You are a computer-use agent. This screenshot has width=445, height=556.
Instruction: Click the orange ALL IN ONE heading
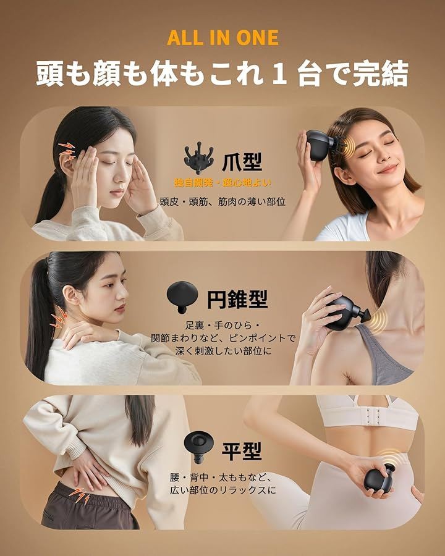pyautogui.click(x=223, y=38)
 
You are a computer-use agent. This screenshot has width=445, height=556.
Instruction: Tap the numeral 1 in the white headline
pyautogui.click(x=279, y=74)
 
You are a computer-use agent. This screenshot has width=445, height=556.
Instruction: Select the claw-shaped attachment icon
pyautogui.click(x=199, y=158)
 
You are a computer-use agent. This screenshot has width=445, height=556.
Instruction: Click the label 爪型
pyautogui.click(x=242, y=162)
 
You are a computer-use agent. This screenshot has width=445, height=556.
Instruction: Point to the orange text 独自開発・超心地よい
pyautogui.click(x=222, y=183)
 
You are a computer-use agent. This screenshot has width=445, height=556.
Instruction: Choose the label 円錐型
pyautogui.click(x=237, y=299)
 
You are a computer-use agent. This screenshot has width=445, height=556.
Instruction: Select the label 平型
pyautogui.click(x=242, y=451)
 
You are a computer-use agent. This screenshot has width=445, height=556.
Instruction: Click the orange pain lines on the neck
pyautogui.click(x=58, y=318)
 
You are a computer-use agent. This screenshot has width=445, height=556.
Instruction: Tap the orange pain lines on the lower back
pyautogui.click(x=78, y=495)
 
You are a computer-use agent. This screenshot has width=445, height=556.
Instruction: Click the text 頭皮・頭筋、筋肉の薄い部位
pyautogui.click(x=222, y=202)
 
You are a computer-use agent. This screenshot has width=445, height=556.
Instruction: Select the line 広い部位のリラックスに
pyautogui.click(x=222, y=491)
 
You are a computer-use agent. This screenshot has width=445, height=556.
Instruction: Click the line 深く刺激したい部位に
pyautogui.click(x=223, y=351)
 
